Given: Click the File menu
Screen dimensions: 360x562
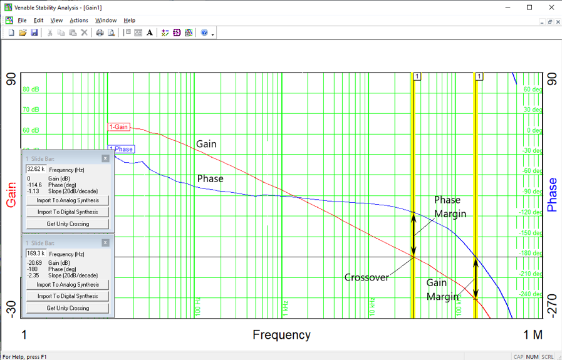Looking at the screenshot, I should click(x=22, y=21).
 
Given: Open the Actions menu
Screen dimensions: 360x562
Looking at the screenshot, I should click(x=78, y=21).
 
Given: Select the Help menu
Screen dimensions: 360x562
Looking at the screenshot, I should click(x=129, y=21).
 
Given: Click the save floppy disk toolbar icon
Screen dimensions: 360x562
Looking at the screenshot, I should click(x=34, y=33).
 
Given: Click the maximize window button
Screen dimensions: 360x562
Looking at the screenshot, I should click(x=529, y=8).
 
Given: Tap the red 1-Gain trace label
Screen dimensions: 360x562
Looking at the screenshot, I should click(x=118, y=127).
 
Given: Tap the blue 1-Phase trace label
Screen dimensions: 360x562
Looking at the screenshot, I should click(x=122, y=149).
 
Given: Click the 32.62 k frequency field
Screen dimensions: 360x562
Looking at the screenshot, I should click(x=35, y=169).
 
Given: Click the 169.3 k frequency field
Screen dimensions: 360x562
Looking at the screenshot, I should click(x=35, y=254).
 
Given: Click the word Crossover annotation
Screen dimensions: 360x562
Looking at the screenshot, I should click(x=367, y=277).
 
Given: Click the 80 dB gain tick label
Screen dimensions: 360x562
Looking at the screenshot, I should click(x=31, y=90).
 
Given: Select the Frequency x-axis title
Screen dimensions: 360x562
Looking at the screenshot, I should click(x=281, y=335).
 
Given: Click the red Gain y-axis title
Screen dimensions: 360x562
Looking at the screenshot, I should click(x=11, y=195).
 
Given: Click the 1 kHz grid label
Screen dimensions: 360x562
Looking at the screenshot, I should click(x=285, y=307).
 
